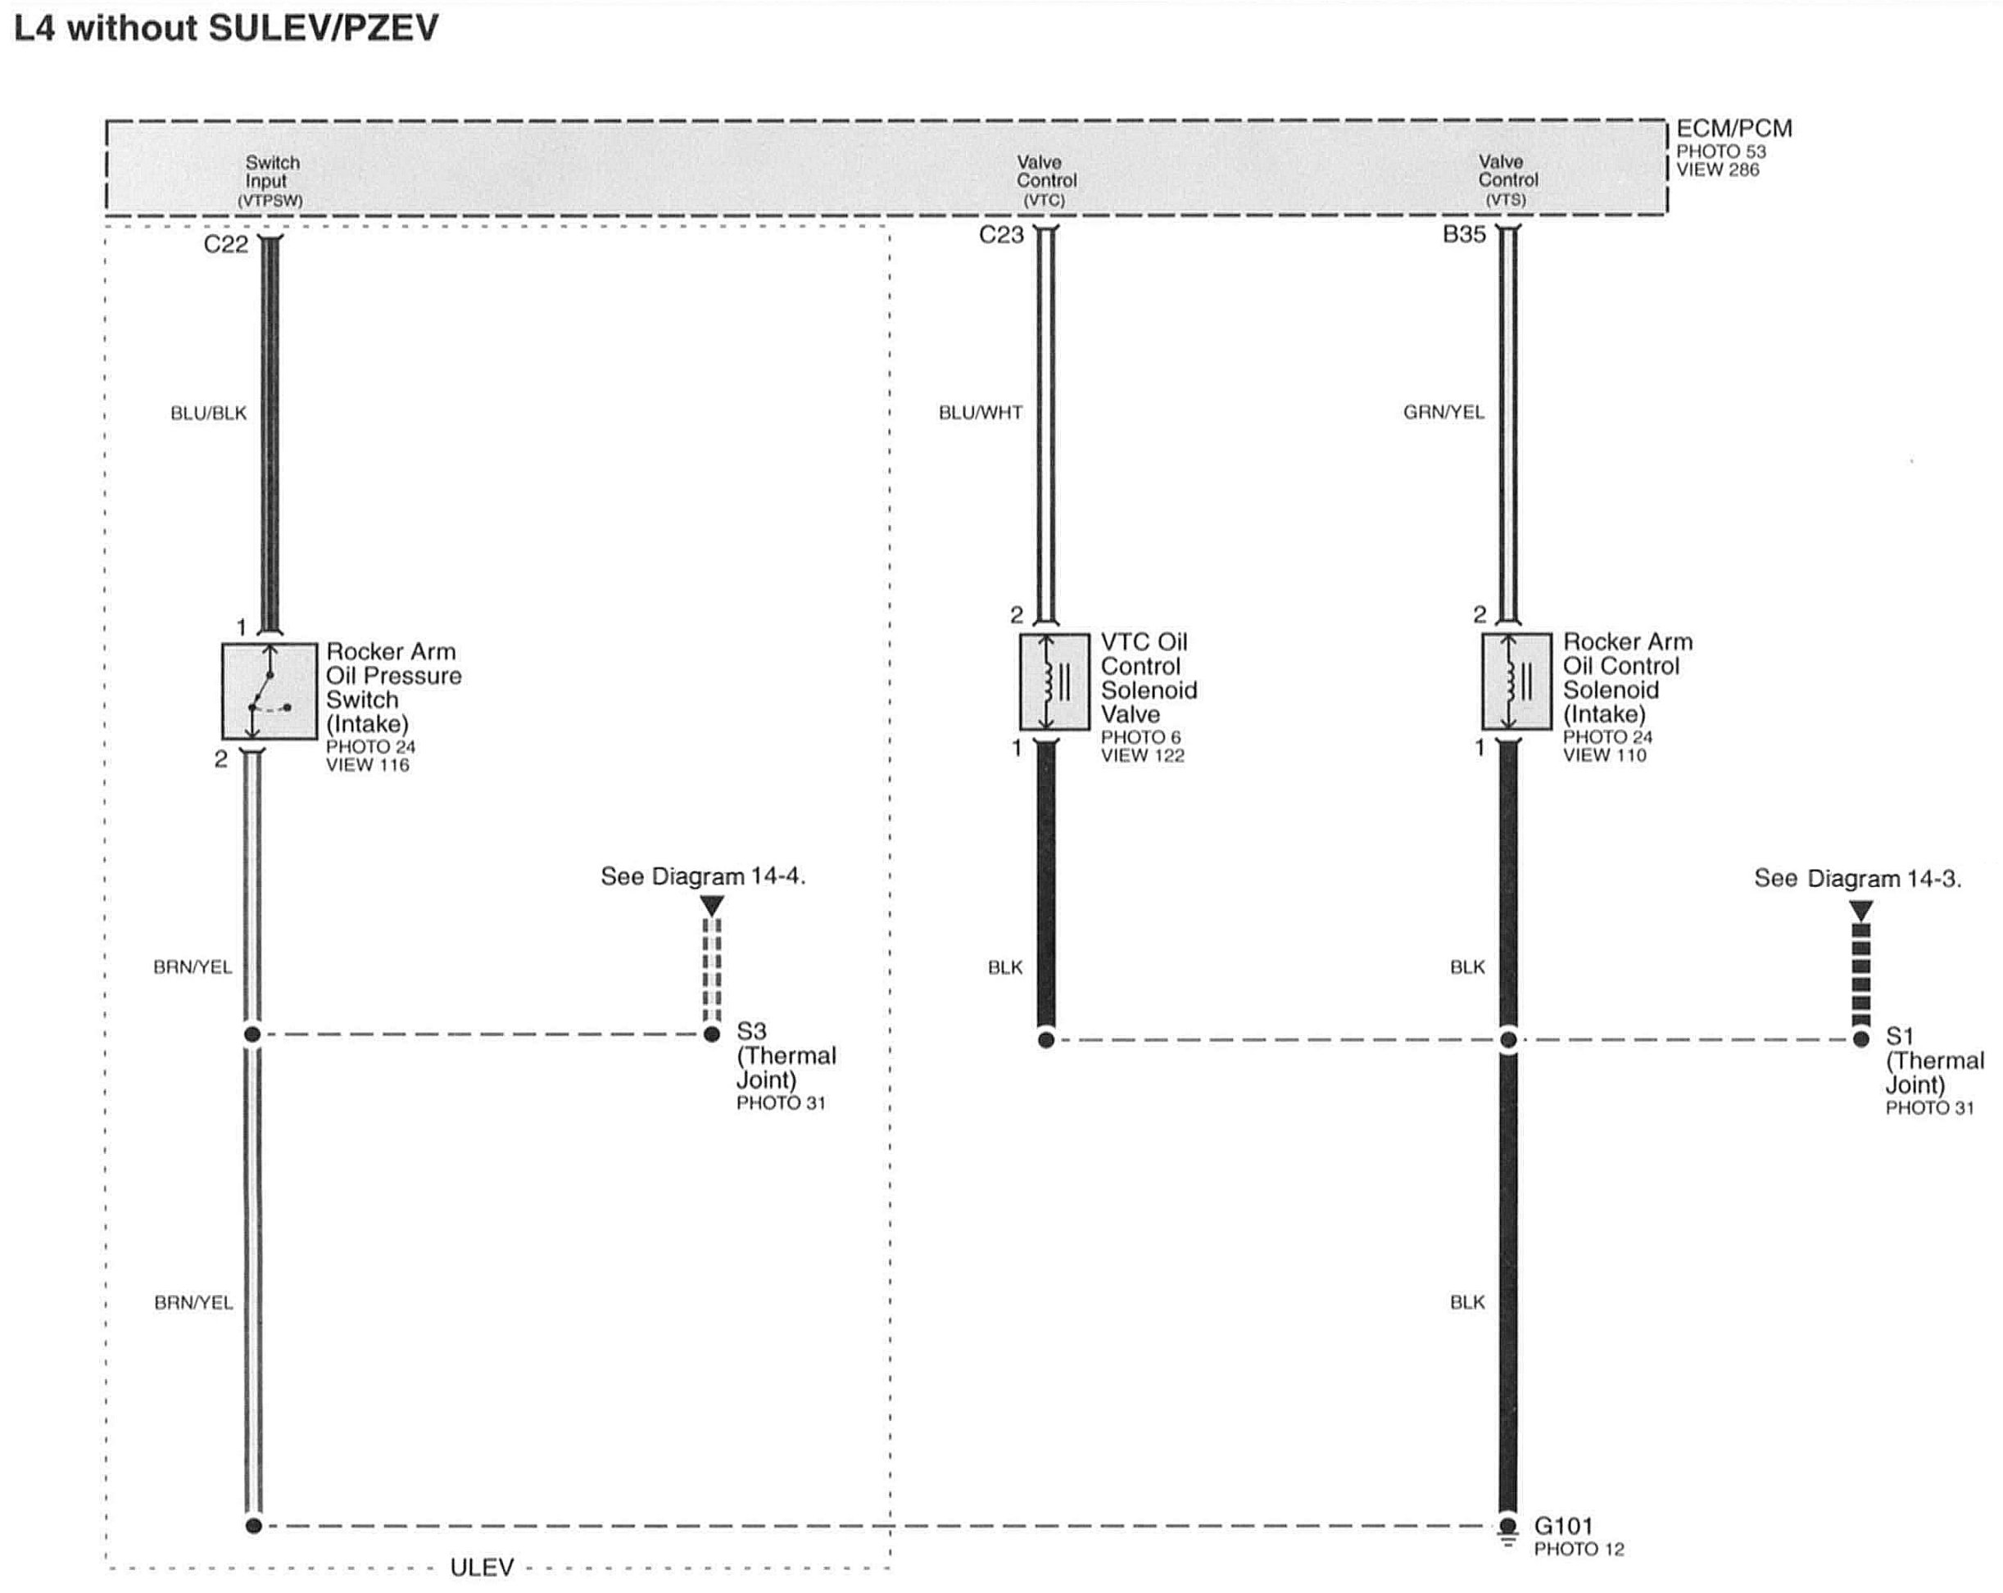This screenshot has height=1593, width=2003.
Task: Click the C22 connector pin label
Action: click(x=226, y=244)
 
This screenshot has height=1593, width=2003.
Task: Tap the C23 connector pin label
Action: click(x=1000, y=235)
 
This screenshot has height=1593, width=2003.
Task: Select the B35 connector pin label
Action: click(x=1464, y=235)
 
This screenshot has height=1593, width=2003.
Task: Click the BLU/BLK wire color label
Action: click(x=208, y=414)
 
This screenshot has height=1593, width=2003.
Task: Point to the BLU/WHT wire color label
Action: click(x=980, y=413)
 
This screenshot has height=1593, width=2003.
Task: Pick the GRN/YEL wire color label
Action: click(x=1443, y=413)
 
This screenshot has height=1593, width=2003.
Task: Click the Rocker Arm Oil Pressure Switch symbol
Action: click(x=269, y=691)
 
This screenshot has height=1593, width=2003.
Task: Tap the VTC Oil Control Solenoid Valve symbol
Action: click(x=1054, y=681)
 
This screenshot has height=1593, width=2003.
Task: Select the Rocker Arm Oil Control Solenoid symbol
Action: click(x=1516, y=681)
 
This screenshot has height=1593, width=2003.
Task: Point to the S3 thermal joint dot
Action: click(x=712, y=1034)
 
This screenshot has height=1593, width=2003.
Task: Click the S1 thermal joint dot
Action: click(x=1860, y=1039)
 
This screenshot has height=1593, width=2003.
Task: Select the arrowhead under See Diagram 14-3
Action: click(x=1860, y=909)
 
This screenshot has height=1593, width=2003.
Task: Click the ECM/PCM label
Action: click(x=1733, y=129)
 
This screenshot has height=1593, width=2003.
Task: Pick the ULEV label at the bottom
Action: click(x=481, y=1568)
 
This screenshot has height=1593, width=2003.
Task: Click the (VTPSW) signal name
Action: click(x=270, y=201)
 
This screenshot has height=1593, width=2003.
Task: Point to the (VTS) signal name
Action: click(x=1505, y=200)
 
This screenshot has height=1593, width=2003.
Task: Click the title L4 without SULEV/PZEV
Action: click(x=226, y=29)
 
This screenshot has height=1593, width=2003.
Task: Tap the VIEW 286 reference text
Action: click(x=1717, y=170)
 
